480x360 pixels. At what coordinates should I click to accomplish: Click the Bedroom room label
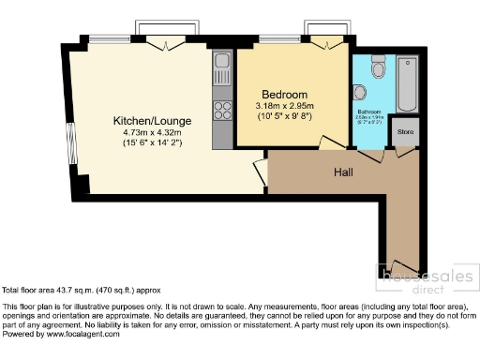coord(284,95)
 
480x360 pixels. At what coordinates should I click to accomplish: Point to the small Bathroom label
coord(369,111)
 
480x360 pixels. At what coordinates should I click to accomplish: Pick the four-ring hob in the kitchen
coord(223,111)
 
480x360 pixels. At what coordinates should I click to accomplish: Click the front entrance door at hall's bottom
coord(405,266)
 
